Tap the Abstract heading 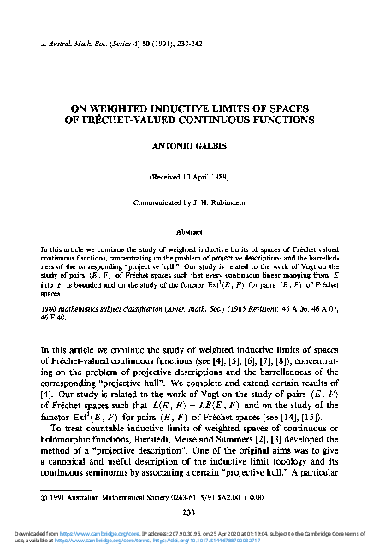189,230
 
